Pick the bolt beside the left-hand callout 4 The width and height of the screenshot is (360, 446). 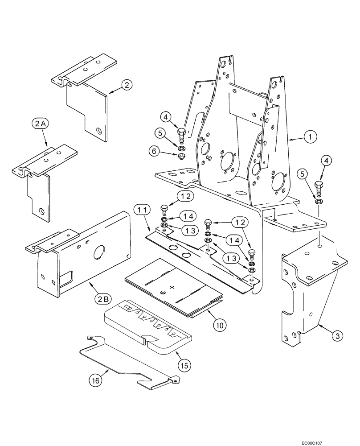point(181,133)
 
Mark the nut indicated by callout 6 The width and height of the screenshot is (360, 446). point(182,156)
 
